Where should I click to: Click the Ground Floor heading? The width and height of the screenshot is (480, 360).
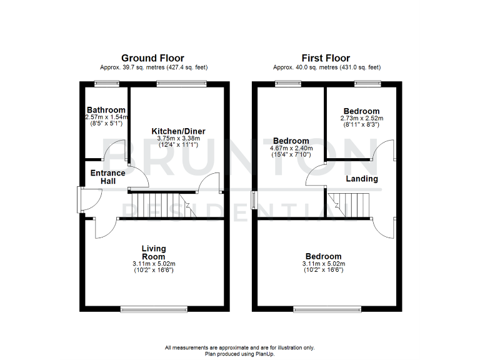click(x=152, y=58)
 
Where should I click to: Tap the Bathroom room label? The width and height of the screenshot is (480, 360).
click(x=106, y=110)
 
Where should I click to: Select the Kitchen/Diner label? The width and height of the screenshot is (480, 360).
click(x=178, y=131)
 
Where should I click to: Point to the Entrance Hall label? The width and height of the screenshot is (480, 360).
click(x=108, y=177)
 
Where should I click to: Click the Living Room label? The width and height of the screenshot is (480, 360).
click(x=153, y=253)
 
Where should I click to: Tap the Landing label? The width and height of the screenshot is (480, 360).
click(x=362, y=179)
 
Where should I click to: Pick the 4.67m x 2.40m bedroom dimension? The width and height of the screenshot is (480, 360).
click(x=291, y=148)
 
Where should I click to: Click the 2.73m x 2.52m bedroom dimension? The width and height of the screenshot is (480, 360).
click(x=361, y=118)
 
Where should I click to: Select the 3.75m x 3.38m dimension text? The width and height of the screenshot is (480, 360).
click(x=178, y=139)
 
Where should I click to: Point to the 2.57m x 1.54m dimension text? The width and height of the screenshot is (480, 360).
click(x=106, y=117)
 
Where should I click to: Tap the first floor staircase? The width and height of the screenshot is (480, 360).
click(x=349, y=205)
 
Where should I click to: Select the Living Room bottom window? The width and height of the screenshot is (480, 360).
click(x=153, y=308)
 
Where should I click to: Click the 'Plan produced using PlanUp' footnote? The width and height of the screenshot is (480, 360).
click(x=240, y=354)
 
